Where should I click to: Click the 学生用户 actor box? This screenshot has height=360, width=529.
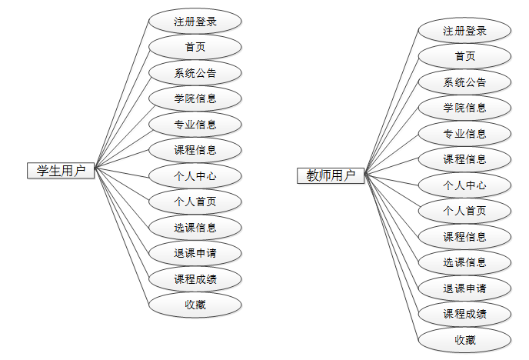pyautogui.click(x=61, y=171)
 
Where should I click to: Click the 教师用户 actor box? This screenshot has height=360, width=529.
pyautogui.click(x=331, y=176)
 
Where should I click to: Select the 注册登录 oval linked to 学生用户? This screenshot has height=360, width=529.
pyautogui.click(x=195, y=22)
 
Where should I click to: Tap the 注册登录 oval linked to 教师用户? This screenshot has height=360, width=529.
pyautogui.click(x=465, y=31)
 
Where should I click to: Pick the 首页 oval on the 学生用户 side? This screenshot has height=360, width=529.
pyautogui.click(x=195, y=47)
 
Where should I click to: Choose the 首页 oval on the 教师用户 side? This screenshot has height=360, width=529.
pyautogui.click(x=465, y=56)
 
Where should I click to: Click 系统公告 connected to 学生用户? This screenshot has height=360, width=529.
pyautogui.click(x=195, y=73)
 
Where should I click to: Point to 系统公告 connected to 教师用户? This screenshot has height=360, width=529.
pyautogui.click(x=465, y=82)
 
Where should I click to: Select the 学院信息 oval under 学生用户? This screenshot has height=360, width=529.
pyautogui.click(x=195, y=98)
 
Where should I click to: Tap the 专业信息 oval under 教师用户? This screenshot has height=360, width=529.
pyautogui.click(x=465, y=134)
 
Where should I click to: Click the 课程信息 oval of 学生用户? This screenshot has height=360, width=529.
pyautogui.click(x=195, y=150)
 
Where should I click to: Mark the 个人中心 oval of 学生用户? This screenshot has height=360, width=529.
pyautogui.click(x=195, y=176)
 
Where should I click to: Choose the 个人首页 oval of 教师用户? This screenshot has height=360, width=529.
pyautogui.click(x=465, y=211)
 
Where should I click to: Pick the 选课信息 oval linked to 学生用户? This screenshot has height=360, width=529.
pyautogui.click(x=195, y=228)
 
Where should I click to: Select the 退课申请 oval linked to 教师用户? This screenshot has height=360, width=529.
pyautogui.click(x=465, y=288)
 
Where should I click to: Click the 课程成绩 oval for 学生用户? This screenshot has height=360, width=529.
pyautogui.click(x=195, y=279)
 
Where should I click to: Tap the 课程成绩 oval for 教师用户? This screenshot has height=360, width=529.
pyautogui.click(x=465, y=314)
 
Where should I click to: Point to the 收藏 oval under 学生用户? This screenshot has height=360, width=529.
pyautogui.click(x=195, y=305)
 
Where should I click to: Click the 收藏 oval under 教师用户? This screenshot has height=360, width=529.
pyautogui.click(x=465, y=339)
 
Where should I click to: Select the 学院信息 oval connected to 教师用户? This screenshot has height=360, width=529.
pyautogui.click(x=465, y=108)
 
